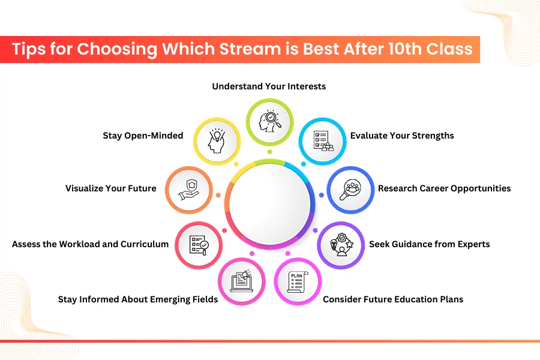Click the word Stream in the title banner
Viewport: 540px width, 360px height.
point(250,49)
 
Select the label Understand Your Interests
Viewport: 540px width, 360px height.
point(269,86)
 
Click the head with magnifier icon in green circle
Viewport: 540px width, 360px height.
point(270,121)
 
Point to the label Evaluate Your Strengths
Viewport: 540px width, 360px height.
point(402,136)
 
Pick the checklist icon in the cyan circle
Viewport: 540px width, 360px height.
point(323,141)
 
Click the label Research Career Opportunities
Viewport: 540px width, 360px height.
point(444,188)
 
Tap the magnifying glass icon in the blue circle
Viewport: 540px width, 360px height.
point(350,190)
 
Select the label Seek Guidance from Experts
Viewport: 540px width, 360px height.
point(430,244)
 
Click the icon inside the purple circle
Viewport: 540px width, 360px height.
point(341,245)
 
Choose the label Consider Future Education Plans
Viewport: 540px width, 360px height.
point(393,299)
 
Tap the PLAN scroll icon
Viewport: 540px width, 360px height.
point(298,282)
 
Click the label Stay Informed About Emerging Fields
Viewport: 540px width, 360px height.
point(138,299)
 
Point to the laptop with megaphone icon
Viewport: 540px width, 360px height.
point(241,281)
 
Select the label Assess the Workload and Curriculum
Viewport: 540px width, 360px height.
point(90,244)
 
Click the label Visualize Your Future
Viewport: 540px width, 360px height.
point(111,188)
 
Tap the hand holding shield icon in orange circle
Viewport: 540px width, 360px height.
point(189,190)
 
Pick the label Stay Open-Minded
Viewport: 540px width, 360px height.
point(143,136)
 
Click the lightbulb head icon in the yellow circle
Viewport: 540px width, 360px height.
point(216,141)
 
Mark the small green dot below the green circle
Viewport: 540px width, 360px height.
point(270,152)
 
